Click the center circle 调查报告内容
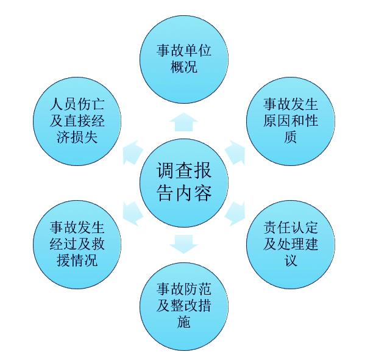(x=184, y=183)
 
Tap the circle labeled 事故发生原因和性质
(x=291, y=121)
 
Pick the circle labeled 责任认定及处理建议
(x=291, y=245)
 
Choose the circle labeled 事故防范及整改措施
(x=184, y=306)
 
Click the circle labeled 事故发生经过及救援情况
(x=77, y=245)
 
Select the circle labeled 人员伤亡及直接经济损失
(x=77, y=121)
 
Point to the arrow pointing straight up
(x=184, y=122)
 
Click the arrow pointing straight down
(x=184, y=244)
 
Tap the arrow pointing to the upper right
(x=236, y=153)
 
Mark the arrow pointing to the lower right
(x=236, y=214)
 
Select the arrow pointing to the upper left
(x=132, y=153)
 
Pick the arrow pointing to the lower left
(x=132, y=214)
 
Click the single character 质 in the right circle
(x=291, y=137)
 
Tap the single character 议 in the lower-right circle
(x=291, y=261)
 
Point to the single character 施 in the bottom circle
(x=184, y=322)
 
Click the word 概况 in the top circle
(x=184, y=67)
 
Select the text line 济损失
(x=77, y=137)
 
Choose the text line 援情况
(x=77, y=261)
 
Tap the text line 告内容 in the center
(x=184, y=193)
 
